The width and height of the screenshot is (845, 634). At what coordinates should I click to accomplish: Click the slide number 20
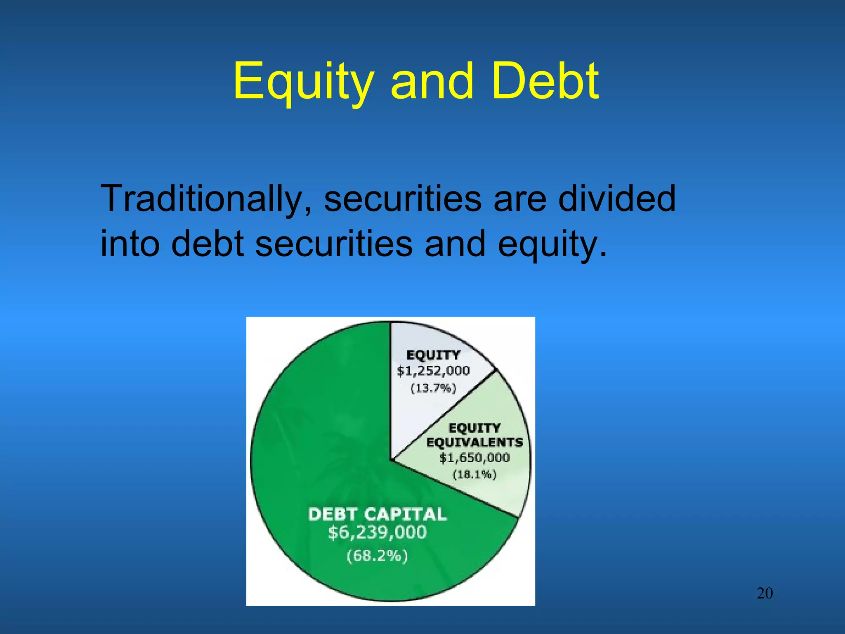coord(765,593)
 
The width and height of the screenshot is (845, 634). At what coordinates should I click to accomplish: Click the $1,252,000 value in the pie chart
coord(433,371)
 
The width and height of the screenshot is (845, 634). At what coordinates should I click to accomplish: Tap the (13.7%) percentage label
coord(433,388)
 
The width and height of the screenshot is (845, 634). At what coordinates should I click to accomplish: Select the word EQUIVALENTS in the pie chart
coord(474,442)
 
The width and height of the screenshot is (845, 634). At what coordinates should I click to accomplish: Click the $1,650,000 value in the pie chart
coord(474,458)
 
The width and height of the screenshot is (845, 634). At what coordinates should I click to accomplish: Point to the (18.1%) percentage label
coord(474,474)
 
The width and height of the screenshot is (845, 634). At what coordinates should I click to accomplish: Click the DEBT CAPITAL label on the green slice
coord(378,514)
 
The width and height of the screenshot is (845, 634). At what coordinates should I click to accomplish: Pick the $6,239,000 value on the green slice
coord(378,532)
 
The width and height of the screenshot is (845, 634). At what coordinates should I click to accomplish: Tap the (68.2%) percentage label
coord(378,556)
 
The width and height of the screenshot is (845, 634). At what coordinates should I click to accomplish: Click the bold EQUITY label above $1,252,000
coord(433,355)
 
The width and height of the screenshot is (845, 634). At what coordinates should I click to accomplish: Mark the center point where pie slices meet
coord(391,459)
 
